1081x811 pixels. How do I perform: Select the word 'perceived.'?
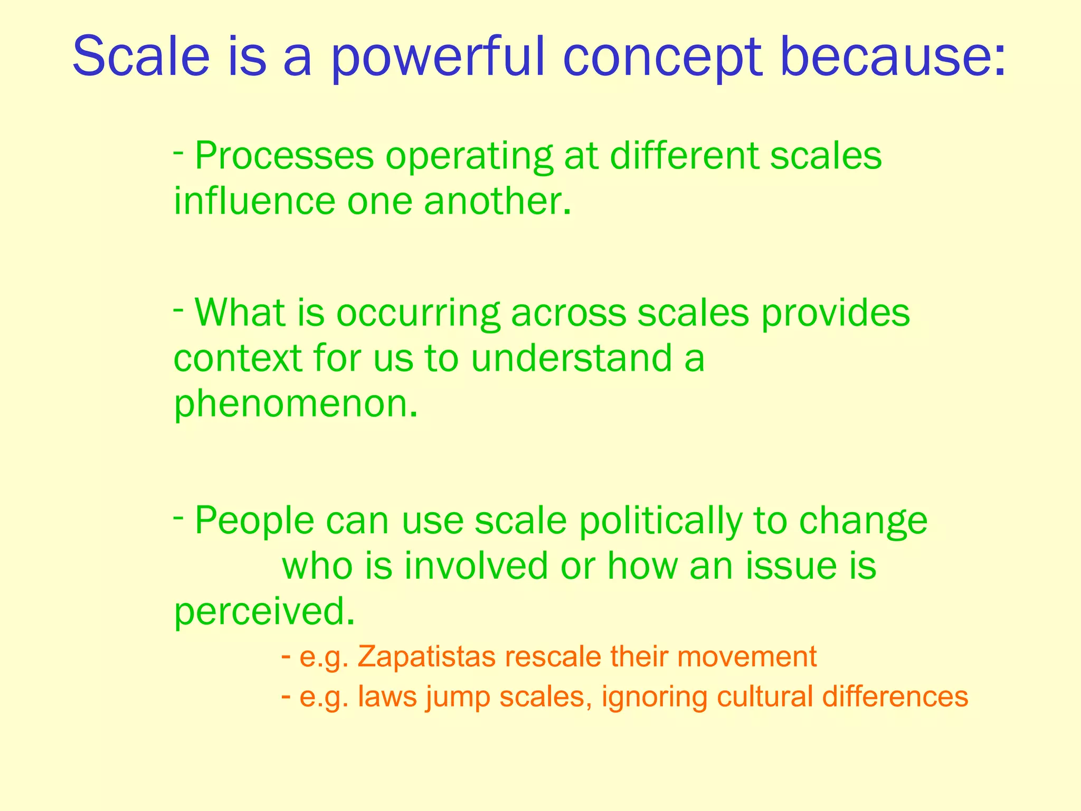point(264,612)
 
